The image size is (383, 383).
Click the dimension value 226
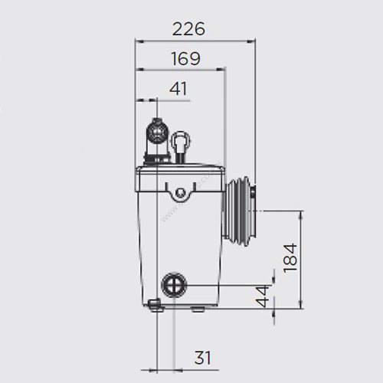point(188,28)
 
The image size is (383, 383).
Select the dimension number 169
point(185,58)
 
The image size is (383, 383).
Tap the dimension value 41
point(178,89)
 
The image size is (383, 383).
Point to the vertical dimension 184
point(290,258)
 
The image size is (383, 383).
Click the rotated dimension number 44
point(263,296)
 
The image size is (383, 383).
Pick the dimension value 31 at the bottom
point(202,358)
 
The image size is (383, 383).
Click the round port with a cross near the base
point(174,284)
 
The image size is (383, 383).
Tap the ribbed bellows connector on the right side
point(239,211)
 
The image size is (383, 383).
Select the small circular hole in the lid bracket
point(181,191)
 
